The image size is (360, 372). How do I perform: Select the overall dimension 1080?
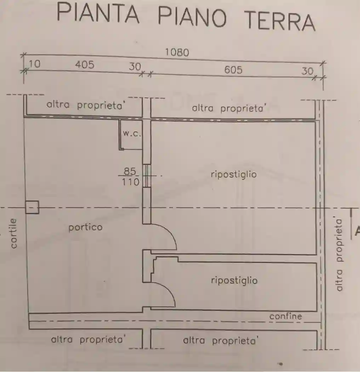click(177, 52)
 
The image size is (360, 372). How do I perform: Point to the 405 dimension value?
click(85, 65)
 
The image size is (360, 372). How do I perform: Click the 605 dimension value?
click(233, 70)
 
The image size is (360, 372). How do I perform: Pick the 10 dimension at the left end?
click(34, 64)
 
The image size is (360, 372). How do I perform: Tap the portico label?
click(85, 227)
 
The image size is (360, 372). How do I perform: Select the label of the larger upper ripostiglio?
click(233, 174)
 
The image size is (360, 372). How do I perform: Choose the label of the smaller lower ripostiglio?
click(234, 281)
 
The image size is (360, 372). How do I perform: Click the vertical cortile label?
click(14, 233)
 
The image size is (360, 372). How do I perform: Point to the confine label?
click(285, 316)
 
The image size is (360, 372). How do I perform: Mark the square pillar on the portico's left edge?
click(32, 207)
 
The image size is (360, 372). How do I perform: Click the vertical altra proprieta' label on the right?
click(339, 254)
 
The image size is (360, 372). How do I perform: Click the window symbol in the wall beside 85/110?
click(147, 175)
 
